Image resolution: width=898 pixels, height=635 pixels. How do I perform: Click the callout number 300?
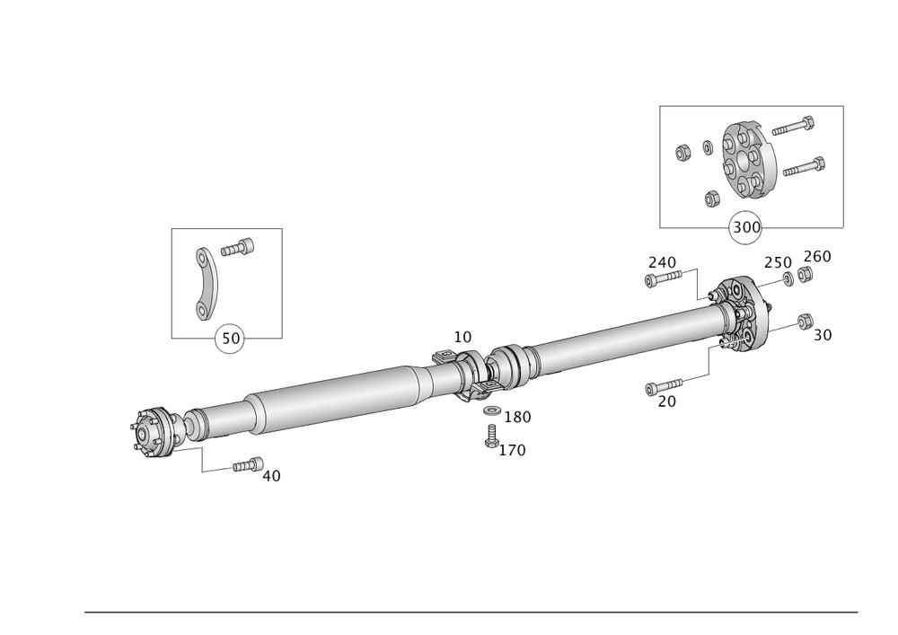(745, 226)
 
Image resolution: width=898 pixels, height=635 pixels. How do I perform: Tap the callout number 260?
(817, 257)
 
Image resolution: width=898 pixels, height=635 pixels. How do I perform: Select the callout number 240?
(663, 261)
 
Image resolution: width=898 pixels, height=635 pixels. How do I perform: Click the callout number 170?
(513, 449)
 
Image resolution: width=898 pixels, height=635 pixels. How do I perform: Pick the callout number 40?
(271, 476)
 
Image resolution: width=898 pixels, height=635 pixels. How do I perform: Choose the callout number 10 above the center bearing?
(462, 337)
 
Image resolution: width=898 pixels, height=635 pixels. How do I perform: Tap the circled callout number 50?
(228, 338)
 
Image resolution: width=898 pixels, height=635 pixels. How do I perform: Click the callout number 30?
(823, 334)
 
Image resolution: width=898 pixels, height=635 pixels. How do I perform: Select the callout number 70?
(665, 402)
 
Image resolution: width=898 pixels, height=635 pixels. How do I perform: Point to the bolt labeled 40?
(245, 464)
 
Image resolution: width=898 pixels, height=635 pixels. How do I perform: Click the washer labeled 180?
(491, 412)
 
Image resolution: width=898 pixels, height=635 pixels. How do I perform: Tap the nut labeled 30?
(804, 319)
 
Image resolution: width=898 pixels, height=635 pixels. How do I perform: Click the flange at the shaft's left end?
(150, 433)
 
